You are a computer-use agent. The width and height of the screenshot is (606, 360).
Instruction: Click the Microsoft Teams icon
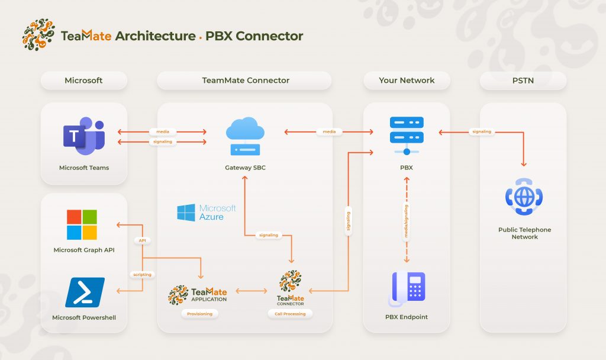pyautogui.click(x=83, y=136)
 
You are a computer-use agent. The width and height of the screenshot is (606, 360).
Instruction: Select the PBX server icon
pyautogui.click(x=407, y=136)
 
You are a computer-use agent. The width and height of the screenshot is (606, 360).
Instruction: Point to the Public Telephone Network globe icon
pyautogui.click(x=524, y=196)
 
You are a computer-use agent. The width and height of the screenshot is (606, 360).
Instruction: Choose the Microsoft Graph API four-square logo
pyautogui.click(x=82, y=224)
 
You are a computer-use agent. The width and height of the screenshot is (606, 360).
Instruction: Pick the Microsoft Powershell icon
pyautogui.click(x=85, y=292)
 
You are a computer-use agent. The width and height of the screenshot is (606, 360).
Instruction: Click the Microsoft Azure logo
pyautogui.click(x=207, y=213)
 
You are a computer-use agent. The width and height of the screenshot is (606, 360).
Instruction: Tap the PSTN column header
pyautogui.click(x=523, y=81)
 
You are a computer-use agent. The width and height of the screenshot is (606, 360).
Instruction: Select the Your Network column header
pyautogui.click(x=407, y=81)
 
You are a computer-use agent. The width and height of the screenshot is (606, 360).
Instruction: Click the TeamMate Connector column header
pyautogui.click(x=246, y=81)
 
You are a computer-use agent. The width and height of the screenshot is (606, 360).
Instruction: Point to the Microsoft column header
pyautogui.click(x=83, y=81)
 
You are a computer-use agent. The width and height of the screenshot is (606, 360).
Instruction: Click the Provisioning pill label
pyautogui.click(x=199, y=314)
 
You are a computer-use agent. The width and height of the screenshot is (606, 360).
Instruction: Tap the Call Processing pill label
pyautogui.click(x=290, y=314)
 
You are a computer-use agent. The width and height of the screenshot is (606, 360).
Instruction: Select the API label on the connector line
pyautogui.click(x=143, y=240)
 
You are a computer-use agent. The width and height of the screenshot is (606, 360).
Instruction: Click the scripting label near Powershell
pyautogui.click(x=142, y=274)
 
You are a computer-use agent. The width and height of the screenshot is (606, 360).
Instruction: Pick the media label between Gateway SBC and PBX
pyautogui.click(x=329, y=131)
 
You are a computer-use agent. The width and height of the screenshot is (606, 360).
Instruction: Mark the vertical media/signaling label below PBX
pyautogui.click(x=406, y=221)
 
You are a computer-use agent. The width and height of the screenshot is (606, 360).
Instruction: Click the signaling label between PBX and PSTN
pyautogui.click(x=482, y=131)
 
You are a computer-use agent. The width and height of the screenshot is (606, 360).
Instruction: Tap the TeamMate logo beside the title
pyautogui.click(x=38, y=34)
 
